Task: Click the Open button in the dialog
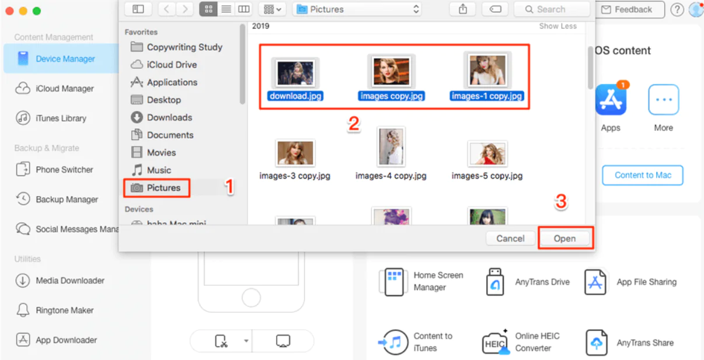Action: (564, 239)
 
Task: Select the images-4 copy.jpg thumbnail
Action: (391, 146)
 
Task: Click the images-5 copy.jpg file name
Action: (487, 176)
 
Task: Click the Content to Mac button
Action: (642, 175)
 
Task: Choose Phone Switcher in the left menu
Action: (64, 170)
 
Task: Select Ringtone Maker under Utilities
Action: (64, 310)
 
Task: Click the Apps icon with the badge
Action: (611, 100)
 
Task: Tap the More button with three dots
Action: (663, 100)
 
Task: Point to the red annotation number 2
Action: (353, 124)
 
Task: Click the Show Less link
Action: (557, 26)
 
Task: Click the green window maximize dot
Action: (37, 11)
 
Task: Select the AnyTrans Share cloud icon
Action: (596, 342)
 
